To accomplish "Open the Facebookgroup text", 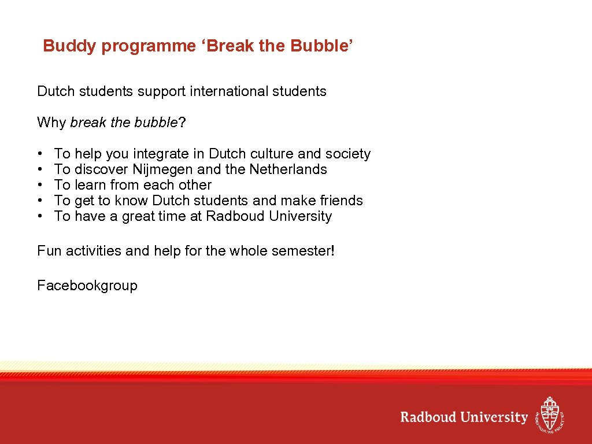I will (x=87, y=286).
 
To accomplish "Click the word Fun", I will (x=49, y=251).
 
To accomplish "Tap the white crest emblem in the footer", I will (x=549, y=415).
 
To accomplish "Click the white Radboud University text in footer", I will (x=464, y=417).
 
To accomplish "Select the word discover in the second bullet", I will (x=102, y=169).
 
